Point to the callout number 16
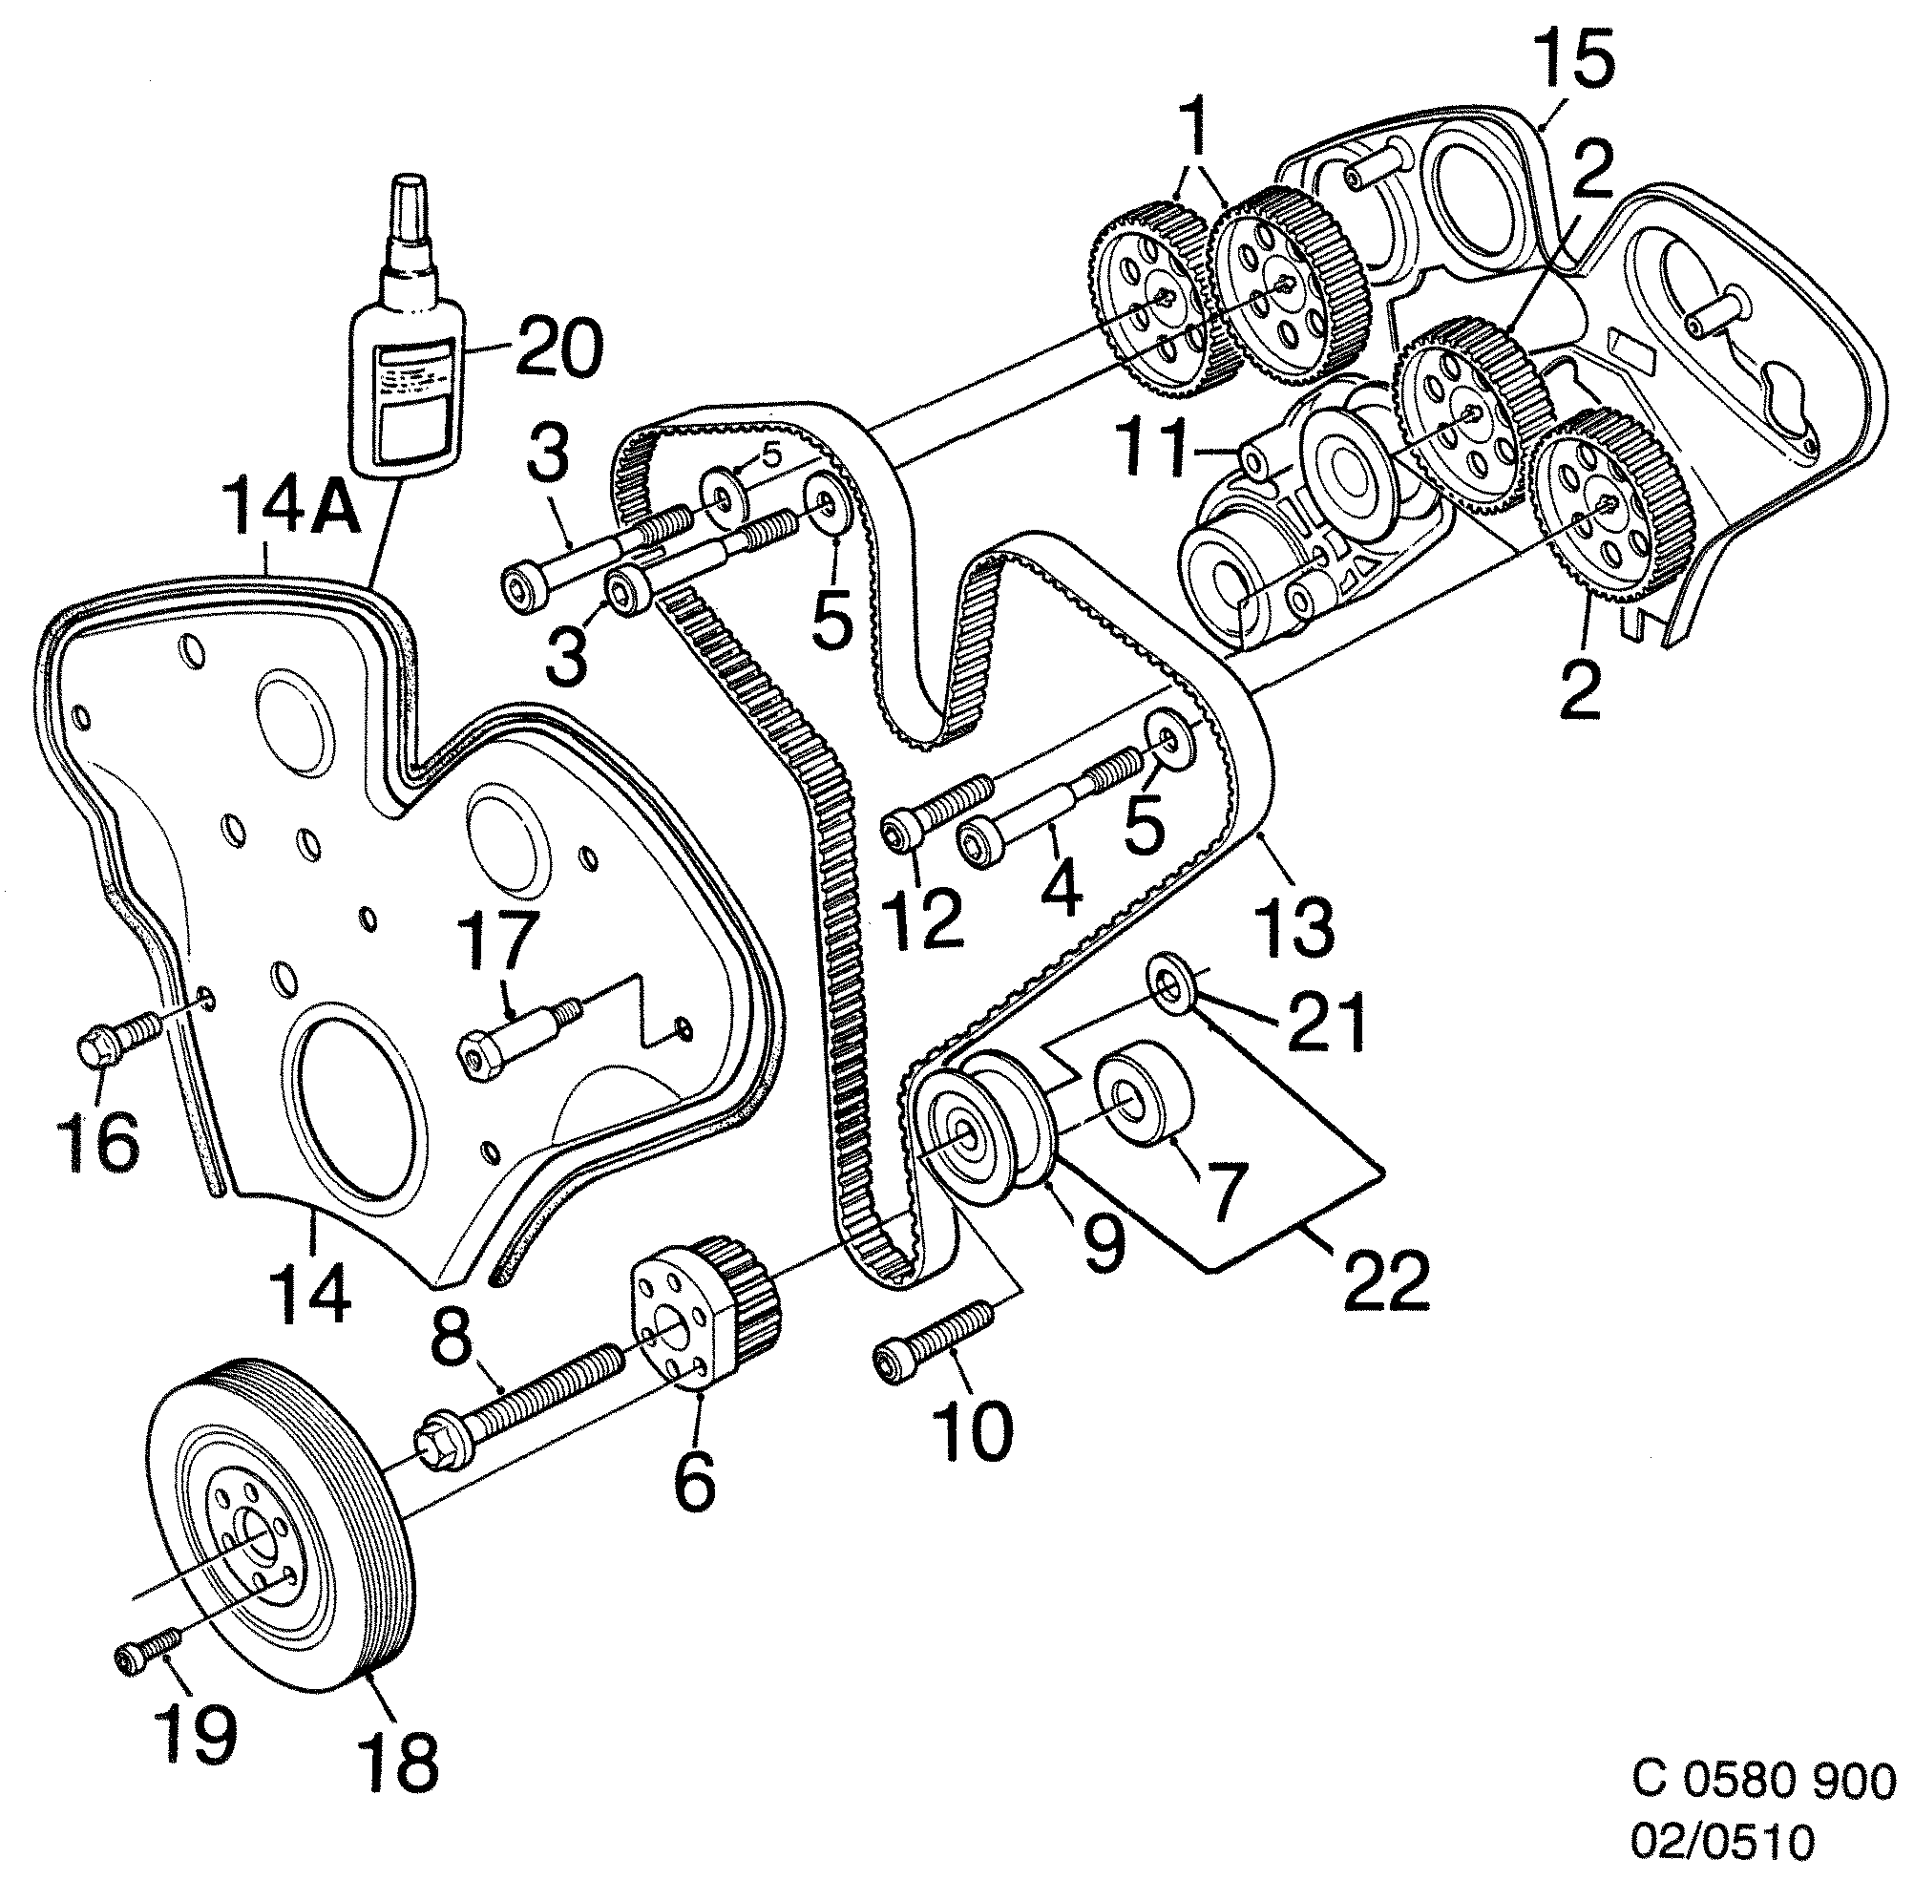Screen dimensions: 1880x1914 point(102,1142)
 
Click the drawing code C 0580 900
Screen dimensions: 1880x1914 point(1763,1783)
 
